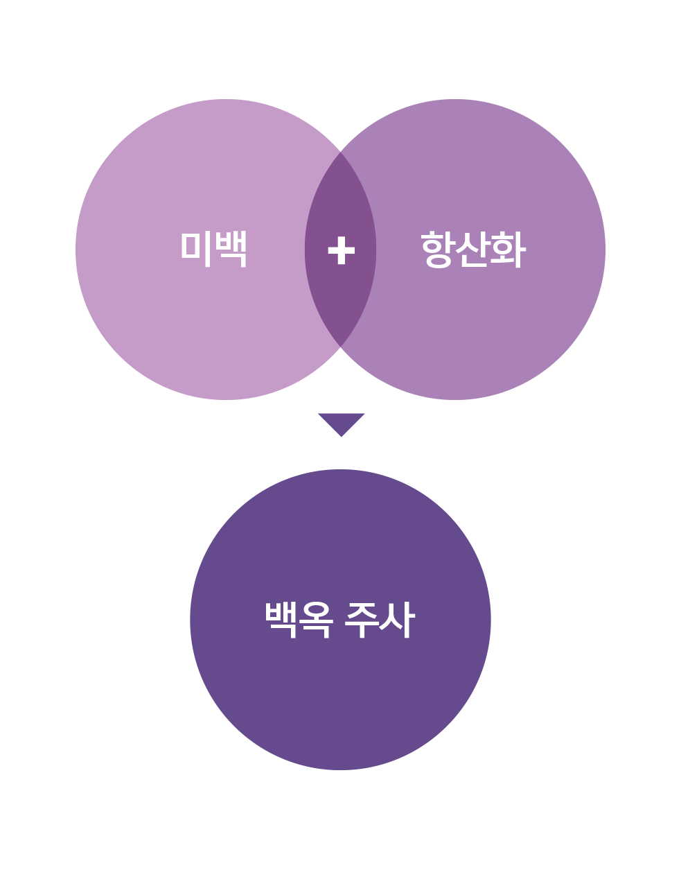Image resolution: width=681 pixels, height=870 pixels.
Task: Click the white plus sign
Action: [341, 250]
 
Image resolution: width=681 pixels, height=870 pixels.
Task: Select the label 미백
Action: [213, 249]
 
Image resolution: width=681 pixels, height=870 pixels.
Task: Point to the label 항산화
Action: [473, 249]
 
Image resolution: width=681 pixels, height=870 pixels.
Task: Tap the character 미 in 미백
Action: [196, 249]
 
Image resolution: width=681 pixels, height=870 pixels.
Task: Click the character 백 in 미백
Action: [231, 249]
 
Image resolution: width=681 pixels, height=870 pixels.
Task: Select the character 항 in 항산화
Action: [438, 249]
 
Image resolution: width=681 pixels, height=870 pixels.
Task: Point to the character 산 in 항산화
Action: [473, 249]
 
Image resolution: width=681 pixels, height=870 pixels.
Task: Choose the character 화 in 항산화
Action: [508, 249]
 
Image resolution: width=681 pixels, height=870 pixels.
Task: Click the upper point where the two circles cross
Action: [341, 152]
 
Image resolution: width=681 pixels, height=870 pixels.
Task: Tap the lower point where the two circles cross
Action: [341, 347]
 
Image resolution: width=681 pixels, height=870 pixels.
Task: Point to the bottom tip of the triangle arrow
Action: [342, 437]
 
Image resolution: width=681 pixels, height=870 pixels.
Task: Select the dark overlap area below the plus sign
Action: [341, 304]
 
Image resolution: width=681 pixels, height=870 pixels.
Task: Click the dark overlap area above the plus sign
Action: [341, 196]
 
